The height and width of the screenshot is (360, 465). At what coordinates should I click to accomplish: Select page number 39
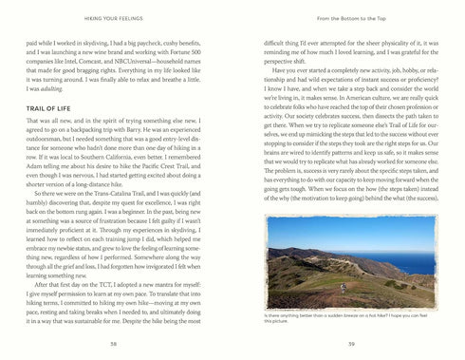[351, 343]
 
